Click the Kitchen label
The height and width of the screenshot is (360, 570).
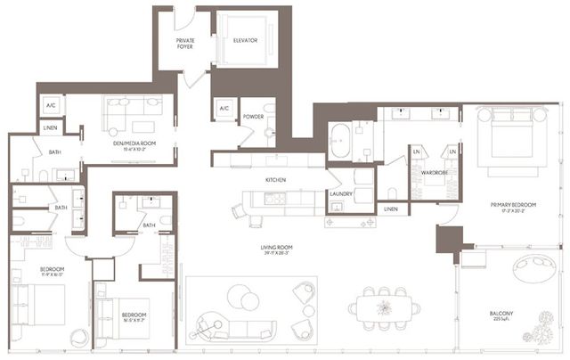pyautogui.click(x=274, y=180)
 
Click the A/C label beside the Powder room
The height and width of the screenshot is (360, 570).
pyautogui.click(x=224, y=109)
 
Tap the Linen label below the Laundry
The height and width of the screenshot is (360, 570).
pyautogui.click(x=390, y=209)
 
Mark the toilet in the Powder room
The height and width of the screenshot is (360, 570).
pyautogui.click(x=270, y=133)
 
